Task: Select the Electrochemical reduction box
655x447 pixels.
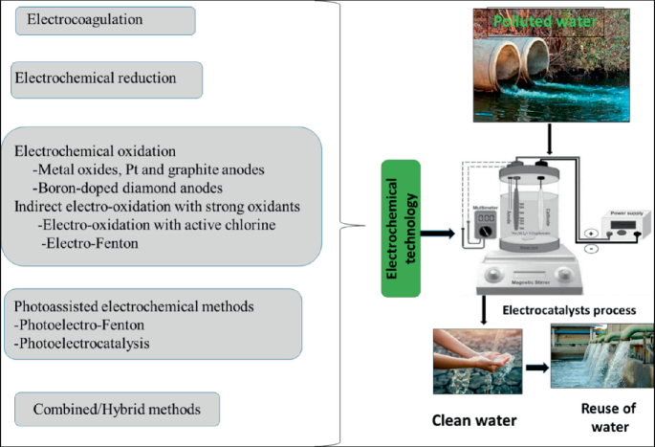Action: (106, 79)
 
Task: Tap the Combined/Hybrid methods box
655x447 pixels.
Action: (117, 409)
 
